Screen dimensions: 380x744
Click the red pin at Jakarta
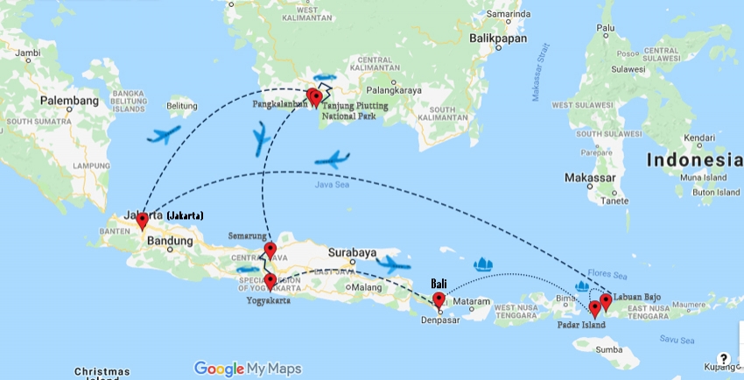click(142, 220)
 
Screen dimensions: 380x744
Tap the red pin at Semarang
click(270, 251)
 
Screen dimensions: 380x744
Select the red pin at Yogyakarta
click(270, 281)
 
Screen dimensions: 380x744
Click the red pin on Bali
click(439, 300)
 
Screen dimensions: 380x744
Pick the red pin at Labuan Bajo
click(605, 302)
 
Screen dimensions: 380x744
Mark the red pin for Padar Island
click(594, 308)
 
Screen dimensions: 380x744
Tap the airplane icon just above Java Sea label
click(332, 160)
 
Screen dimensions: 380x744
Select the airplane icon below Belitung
click(164, 135)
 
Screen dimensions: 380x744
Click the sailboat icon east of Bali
click(481, 264)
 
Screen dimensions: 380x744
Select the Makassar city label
click(590, 178)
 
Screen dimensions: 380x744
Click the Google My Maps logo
click(248, 369)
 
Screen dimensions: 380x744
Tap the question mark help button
click(723, 359)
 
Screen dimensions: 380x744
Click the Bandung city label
click(170, 240)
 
